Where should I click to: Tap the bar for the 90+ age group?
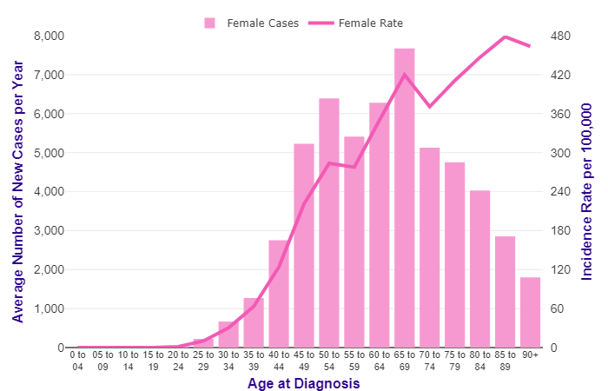[531, 313]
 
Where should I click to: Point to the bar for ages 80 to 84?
[480, 269]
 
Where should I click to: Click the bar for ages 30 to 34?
[228, 335]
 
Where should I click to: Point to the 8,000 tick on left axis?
[49, 36]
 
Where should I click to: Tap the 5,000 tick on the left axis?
[49, 153]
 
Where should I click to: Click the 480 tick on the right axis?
[558, 36]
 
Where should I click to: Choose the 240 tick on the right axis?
[558, 192]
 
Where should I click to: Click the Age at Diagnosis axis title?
[303, 382]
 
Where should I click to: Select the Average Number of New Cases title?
[18, 191]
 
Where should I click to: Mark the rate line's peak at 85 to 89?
[506, 36]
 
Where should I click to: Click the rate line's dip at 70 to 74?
[430, 107]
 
